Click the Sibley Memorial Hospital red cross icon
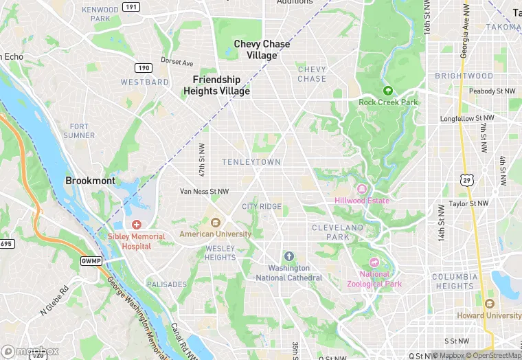(x=136, y=225)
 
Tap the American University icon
(x=215, y=222)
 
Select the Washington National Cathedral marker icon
(x=288, y=256)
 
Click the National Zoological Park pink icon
(x=374, y=262)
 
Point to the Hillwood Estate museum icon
(x=361, y=189)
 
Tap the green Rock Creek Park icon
(x=388, y=91)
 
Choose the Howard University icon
(x=489, y=304)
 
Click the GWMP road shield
(x=91, y=260)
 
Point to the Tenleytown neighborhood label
(x=251, y=161)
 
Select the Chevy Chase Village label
(x=262, y=49)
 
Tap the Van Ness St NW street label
(x=204, y=191)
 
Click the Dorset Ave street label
(x=177, y=62)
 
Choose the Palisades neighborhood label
(x=166, y=284)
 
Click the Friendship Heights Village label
(x=216, y=85)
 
